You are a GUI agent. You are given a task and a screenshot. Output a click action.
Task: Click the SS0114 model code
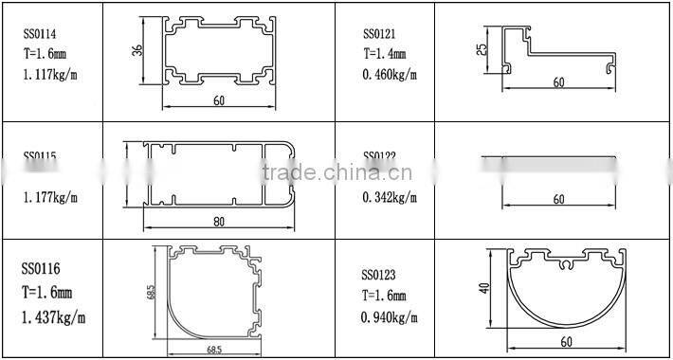click(x=40, y=35)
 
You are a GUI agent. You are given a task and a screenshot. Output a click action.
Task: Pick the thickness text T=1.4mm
click(x=385, y=54)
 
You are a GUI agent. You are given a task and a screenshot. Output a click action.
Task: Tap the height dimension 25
click(x=481, y=49)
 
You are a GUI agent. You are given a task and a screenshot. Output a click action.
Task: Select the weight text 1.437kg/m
click(x=54, y=315)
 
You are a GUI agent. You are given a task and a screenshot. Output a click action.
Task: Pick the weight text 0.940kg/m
click(x=390, y=318)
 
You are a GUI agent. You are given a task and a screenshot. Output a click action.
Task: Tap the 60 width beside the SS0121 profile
click(x=558, y=82)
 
